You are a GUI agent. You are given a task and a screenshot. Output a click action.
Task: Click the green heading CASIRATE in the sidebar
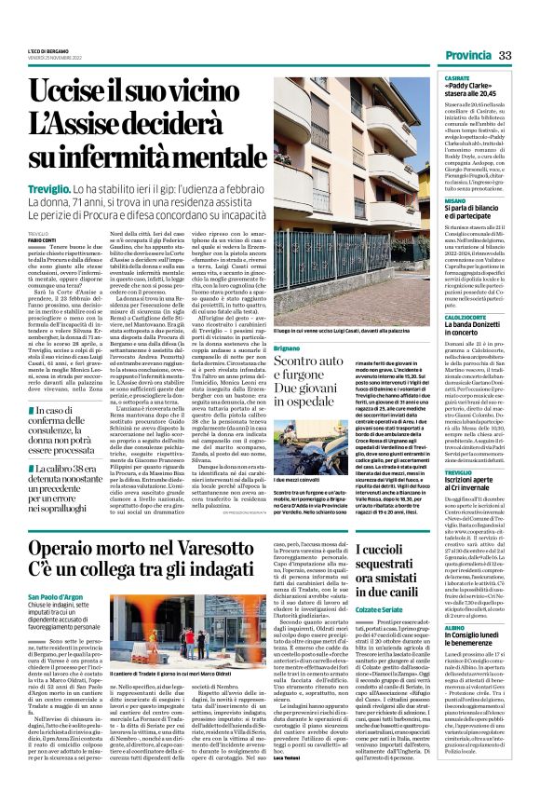tap(456, 78)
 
